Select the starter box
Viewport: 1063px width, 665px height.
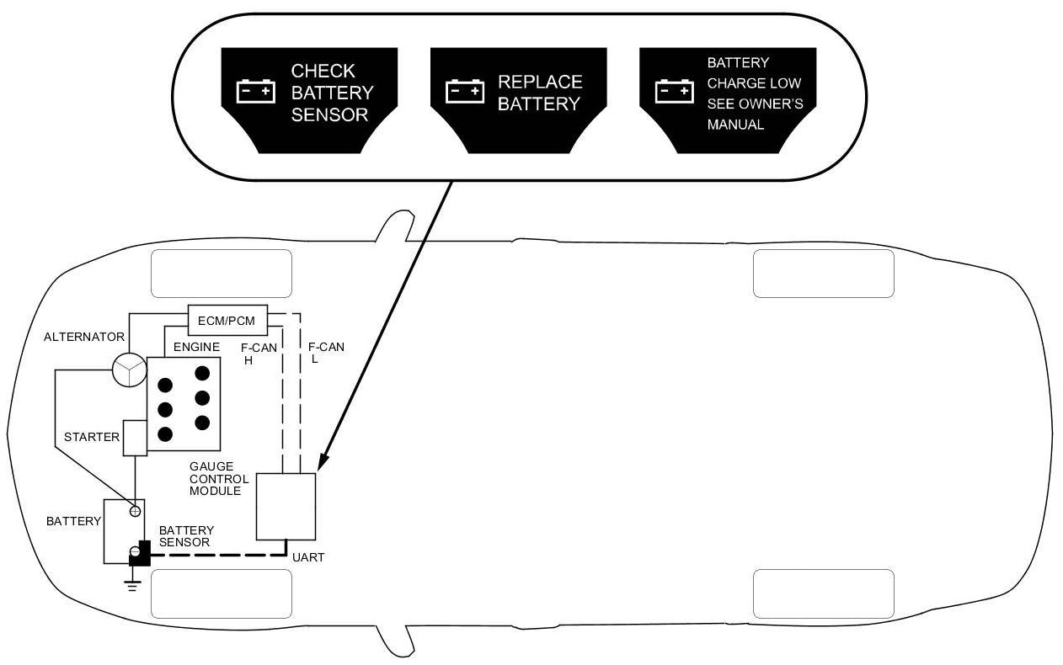pos(135,438)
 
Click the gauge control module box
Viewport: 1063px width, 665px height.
pos(286,506)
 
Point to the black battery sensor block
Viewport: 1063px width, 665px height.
pos(139,553)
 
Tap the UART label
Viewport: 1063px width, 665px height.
pos(307,557)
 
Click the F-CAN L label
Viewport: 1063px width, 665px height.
pos(325,353)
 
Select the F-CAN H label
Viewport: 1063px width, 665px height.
pos(259,353)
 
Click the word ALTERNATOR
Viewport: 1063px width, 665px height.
pos(84,338)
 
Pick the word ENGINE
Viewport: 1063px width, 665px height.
pos(196,347)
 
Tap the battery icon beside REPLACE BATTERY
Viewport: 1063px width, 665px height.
pos(465,91)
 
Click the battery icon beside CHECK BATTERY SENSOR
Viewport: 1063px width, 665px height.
pos(255,91)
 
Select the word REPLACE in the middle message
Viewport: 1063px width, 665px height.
pos(540,82)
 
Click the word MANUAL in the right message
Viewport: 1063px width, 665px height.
pos(734,125)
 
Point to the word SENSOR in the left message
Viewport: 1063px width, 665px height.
pos(329,115)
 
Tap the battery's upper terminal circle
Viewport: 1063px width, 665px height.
pos(135,511)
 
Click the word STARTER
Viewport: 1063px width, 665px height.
pos(92,438)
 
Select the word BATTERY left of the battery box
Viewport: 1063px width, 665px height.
pos(73,521)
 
